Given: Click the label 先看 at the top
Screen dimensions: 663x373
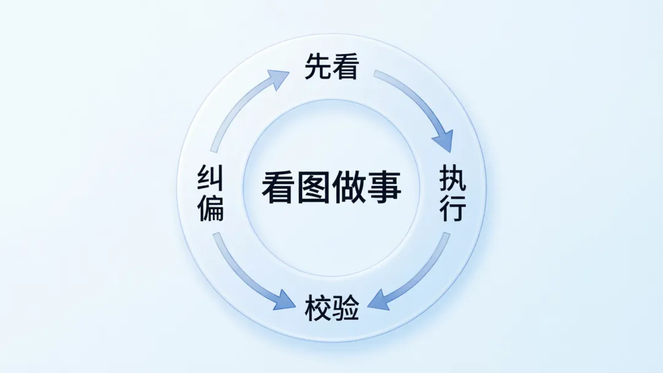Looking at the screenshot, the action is coord(331,68).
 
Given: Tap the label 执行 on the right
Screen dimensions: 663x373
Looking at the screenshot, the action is coord(453,195).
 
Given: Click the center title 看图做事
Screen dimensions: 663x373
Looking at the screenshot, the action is coord(331,187).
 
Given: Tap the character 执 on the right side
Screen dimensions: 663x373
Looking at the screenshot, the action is coord(453,181).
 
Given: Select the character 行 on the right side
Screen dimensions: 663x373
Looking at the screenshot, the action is coord(453,209).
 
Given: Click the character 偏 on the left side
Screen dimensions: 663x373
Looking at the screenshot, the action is coord(210,209).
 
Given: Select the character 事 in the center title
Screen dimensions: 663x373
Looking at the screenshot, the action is coord(384,187).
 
